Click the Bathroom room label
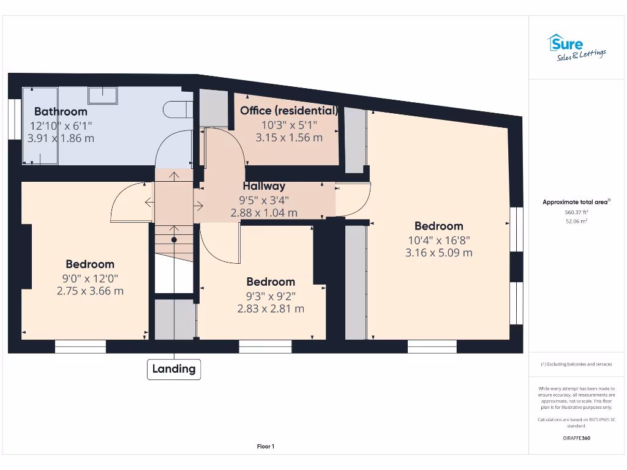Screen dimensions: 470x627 [61, 111]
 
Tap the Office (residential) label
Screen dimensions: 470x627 [288, 111]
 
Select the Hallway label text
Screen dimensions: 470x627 [264, 186]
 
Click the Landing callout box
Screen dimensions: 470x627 [174, 369]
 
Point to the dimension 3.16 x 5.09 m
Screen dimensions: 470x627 [438, 253]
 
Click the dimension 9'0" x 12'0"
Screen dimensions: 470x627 [90, 278]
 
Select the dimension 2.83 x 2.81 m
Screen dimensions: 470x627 [271, 309]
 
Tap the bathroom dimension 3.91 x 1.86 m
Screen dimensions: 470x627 [61, 138]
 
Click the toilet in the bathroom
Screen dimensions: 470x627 [178, 109]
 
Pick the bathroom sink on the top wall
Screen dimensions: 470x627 [102, 95]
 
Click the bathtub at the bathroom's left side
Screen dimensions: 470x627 [40, 126]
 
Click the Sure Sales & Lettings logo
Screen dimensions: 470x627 [576, 48]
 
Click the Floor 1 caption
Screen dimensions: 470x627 [265, 447]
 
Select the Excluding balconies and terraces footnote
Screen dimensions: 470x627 [576, 364]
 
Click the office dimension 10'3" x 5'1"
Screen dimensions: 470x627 [288, 125]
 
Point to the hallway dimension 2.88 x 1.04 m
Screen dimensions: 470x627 [264, 213]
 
